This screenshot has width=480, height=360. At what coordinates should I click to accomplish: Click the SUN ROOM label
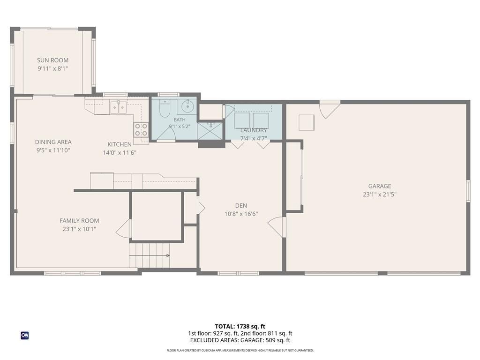pos(52,60)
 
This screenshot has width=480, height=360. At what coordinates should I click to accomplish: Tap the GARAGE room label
pos(380,186)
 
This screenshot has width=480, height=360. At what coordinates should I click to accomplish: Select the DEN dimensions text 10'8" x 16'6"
pos(241,214)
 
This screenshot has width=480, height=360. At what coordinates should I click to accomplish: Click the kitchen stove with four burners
pos(141,129)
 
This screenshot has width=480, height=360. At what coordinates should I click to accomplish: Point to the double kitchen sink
pos(118,107)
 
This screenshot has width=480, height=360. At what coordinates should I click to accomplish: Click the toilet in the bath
pos(165,108)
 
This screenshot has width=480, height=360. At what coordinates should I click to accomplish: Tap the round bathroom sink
pos(187,106)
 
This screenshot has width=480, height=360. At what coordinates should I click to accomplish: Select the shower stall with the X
pos(210,131)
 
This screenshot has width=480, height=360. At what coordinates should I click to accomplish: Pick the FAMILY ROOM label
pos(79,221)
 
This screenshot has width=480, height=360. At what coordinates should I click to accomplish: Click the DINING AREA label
pos(53,142)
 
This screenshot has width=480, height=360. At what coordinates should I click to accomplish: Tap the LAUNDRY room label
pos(254,130)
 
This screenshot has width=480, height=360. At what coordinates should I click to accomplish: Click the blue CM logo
pos(25,336)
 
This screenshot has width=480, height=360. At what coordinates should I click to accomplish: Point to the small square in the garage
pos(307,122)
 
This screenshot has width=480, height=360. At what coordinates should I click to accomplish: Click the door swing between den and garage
pos(277,226)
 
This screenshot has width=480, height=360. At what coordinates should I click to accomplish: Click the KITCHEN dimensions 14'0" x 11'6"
pos(120,152)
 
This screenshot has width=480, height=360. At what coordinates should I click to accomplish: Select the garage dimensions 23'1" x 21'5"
pos(380,195)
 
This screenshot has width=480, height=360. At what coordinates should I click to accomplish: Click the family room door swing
pos(123,228)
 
